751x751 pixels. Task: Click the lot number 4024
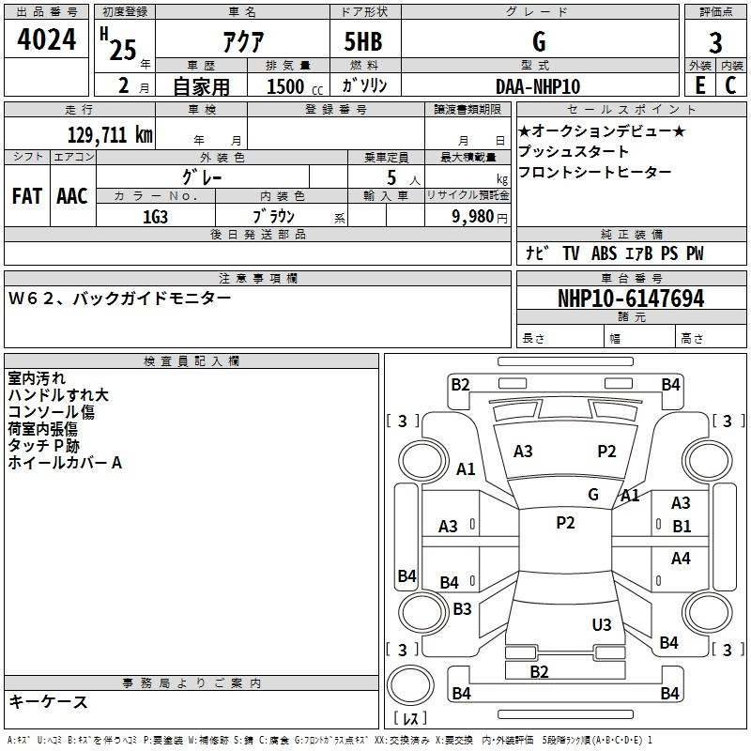pyautogui.click(x=46, y=39)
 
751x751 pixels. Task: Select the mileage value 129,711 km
pyautogui.click(x=110, y=135)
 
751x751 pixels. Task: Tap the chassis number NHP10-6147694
pyautogui.click(x=631, y=299)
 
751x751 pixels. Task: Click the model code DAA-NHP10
pyautogui.click(x=538, y=86)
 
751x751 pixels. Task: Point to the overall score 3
pyautogui.click(x=715, y=43)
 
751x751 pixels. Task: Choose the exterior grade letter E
pyautogui.click(x=699, y=85)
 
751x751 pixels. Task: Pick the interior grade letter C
pyautogui.click(x=730, y=85)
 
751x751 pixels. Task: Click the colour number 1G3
pyautogui.click(x=155, y=217)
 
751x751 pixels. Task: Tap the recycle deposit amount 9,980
pyautogui.click(x=473, y=217)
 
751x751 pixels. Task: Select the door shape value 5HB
pyautogui.click(x=363, y=41)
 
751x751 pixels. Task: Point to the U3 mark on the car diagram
pyautogui.click(x=602, y=624)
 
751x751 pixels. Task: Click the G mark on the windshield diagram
pyautogui.click(x=593, y=495)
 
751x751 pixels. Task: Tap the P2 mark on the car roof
pyautogui.click(x=565, y=523)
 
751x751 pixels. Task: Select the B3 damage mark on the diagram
pyautogui.click(x=462, y=608)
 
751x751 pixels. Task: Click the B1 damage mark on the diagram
pyautogui.click(x=682, y=527)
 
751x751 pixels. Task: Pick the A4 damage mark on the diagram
pyautogui.click(x=681, y=558)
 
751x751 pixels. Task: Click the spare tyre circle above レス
pyautogui.click(x=410, y=685)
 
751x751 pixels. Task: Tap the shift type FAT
pyautogui.click(x=27, y=196)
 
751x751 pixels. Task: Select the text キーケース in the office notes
pyautogui.click(x=48, y=702)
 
